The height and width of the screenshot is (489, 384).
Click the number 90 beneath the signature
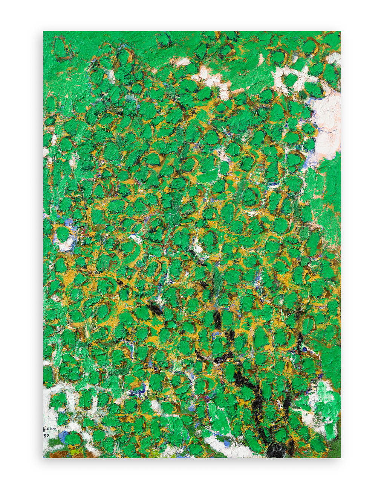click(47, 435)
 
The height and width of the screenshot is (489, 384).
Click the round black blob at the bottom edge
click(277, 451)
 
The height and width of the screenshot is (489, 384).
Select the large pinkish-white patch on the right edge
click(327, 120)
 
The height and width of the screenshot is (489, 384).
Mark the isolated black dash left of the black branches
click(155, 308)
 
